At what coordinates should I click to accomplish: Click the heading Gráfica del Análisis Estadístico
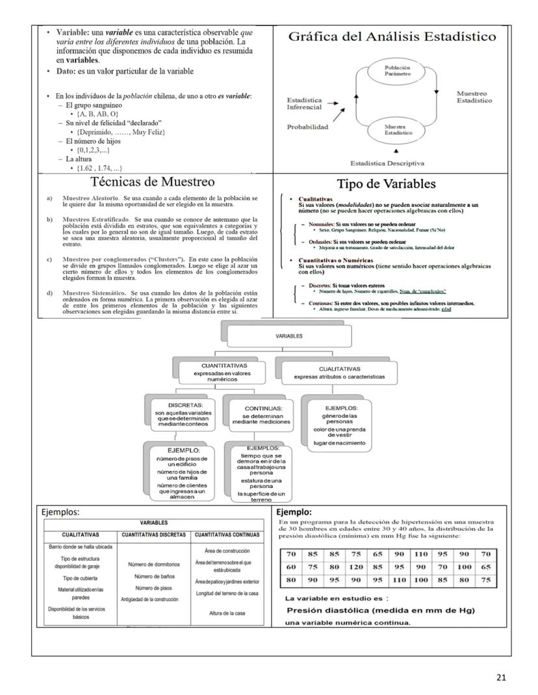point(392,36)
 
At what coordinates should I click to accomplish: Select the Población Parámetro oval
point(397,70)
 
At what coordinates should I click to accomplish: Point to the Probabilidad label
point(308,127)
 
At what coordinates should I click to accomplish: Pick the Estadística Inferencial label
point(305,103)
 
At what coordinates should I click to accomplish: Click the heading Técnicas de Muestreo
point(153,182)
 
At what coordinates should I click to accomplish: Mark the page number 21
point(500,678)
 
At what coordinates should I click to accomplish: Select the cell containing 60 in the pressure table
point(292,567)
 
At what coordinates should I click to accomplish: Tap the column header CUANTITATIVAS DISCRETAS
point(153,535)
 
